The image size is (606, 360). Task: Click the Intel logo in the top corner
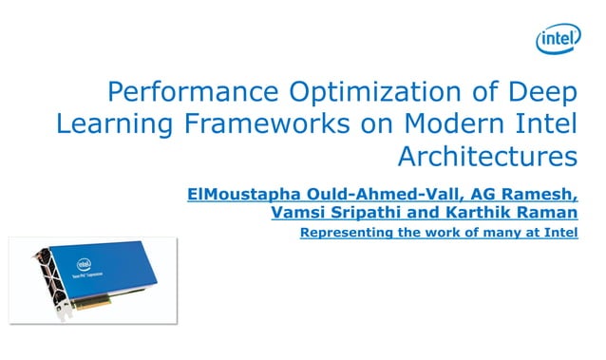[558, 39]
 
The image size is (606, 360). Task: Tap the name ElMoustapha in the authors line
[238, 194]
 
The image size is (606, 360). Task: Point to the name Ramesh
[539, 194]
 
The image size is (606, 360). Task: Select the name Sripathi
[367, 212]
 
